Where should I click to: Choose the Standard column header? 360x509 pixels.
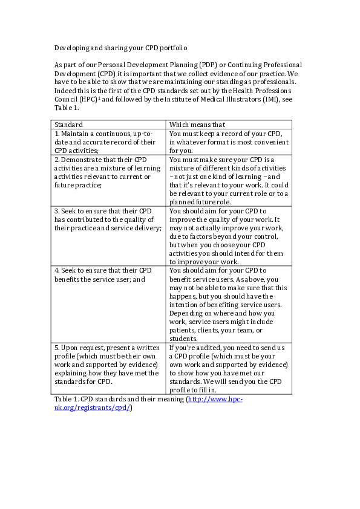[69, 125]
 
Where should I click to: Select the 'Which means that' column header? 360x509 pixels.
[197, 125]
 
